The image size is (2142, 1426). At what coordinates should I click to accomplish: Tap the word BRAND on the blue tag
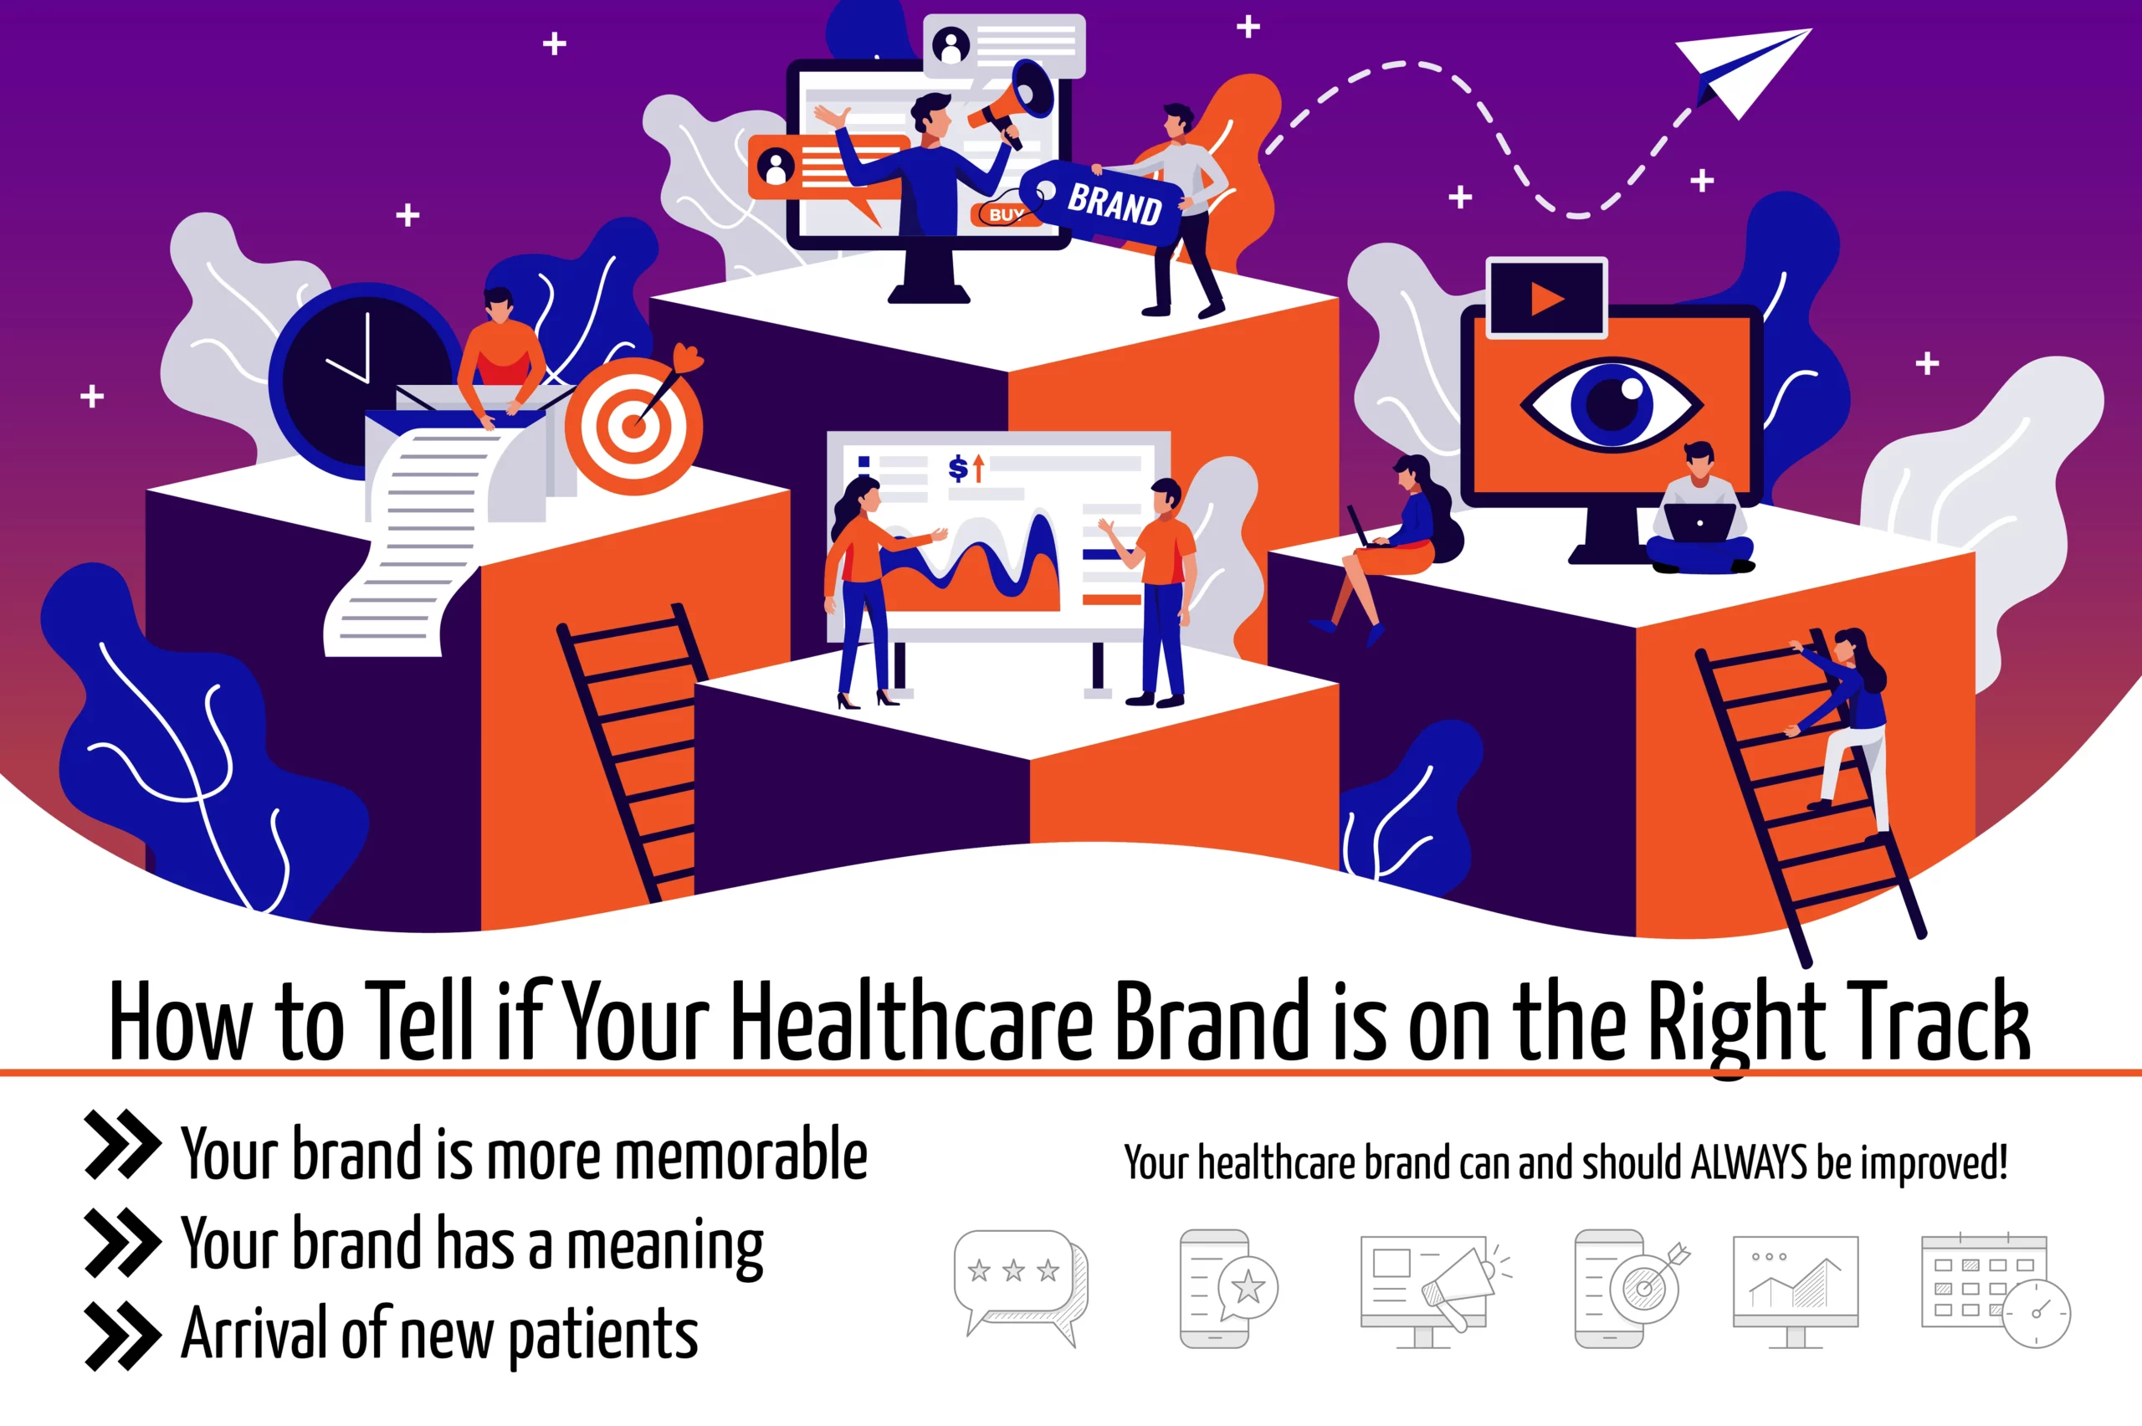pos(1115,203)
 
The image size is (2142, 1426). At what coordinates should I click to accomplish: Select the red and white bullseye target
pos(633,425)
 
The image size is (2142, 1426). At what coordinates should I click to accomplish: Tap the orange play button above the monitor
pos(1546,298)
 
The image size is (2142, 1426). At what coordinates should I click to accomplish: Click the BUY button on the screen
pos(1006,214)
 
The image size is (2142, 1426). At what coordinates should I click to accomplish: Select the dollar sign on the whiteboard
pos(957,469)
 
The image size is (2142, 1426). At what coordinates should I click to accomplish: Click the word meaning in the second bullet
pos(664,1246)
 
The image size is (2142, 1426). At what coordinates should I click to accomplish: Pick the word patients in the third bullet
pos(602,1336)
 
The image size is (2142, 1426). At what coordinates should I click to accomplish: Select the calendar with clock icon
pos(1995,1290)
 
